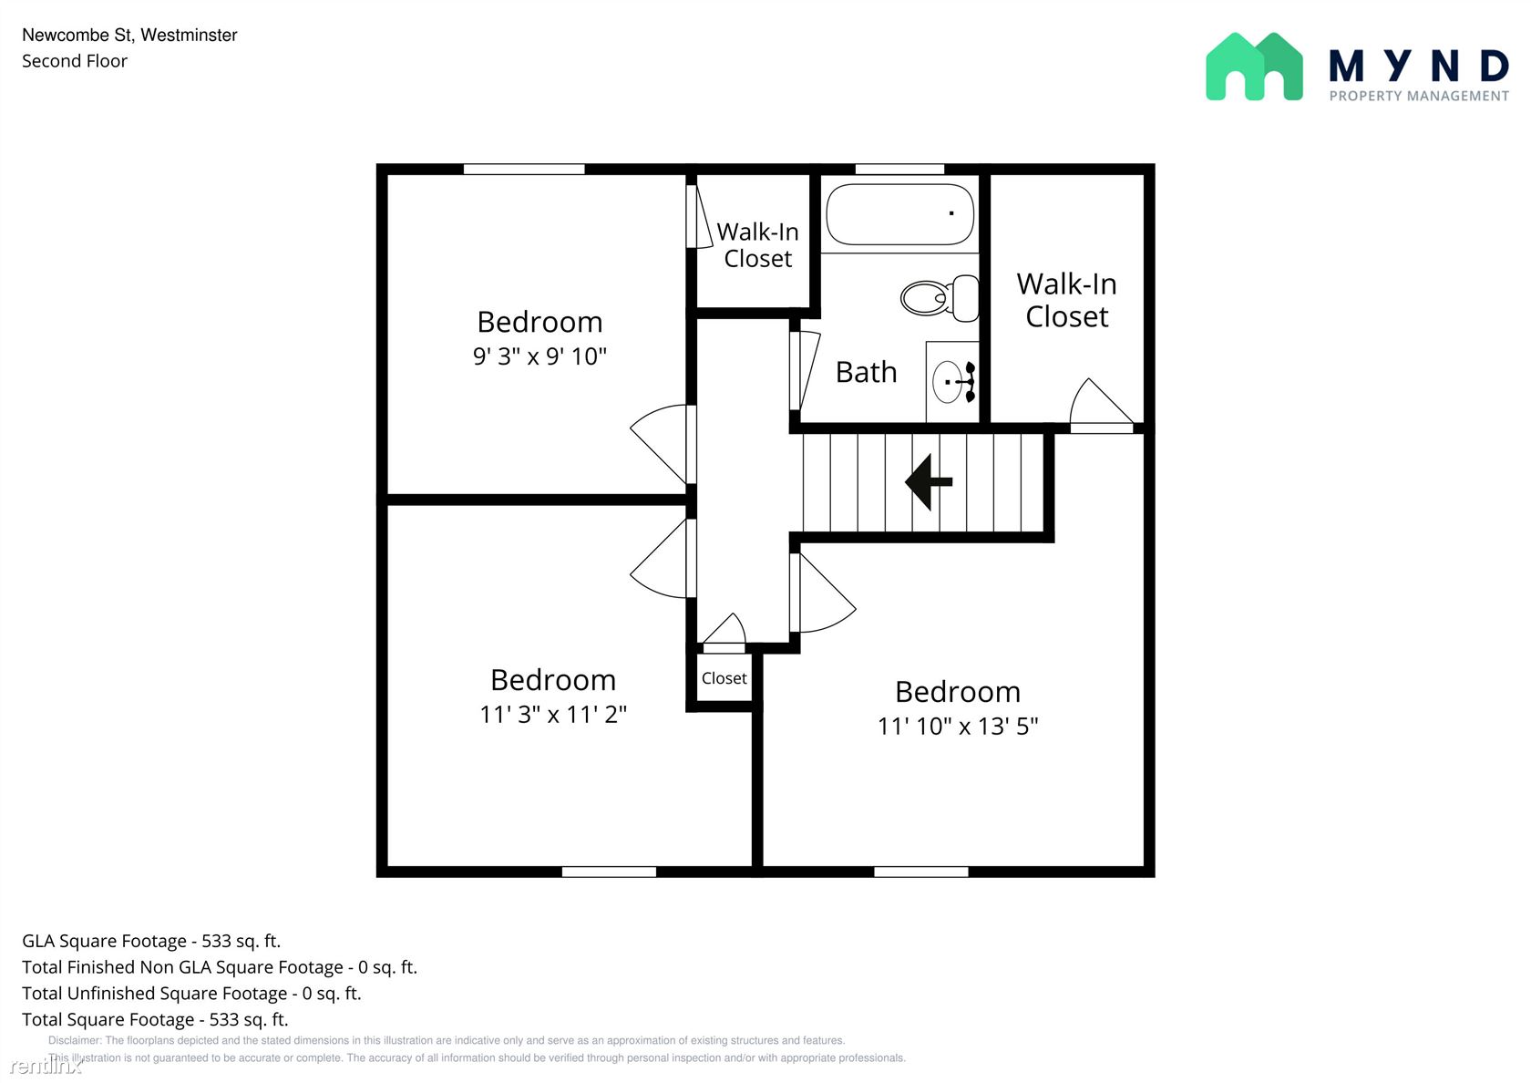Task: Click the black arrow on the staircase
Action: click(x=928, y=482)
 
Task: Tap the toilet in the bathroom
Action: click(x=940, y=298)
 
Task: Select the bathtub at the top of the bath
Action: click(x=900, y=214)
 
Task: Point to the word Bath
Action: click(x=866, y=372)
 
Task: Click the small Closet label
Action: click(x=724, y=678)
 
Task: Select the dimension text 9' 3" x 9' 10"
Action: click(x=539, y=356)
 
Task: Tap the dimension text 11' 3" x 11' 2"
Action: click(x=553, y=715)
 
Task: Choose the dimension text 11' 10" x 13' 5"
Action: click(x=958, y=726)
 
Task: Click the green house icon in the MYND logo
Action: click(x=1254, y=67)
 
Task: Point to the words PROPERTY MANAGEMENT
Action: click(x=1419, y=97)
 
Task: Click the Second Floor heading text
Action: click(x=75, y=61)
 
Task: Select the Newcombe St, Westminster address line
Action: click(x=129, y=35)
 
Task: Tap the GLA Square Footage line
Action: click(x=151, y=941)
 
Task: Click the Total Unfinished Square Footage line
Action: click(x=191, y=994)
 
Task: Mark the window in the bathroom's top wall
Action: click(x=899, y=169)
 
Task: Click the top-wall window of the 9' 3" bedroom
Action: click(x=523, y=169)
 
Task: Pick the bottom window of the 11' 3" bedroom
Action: click(x=609, y=872)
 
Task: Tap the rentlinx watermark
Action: click(x=46, y=1065)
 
